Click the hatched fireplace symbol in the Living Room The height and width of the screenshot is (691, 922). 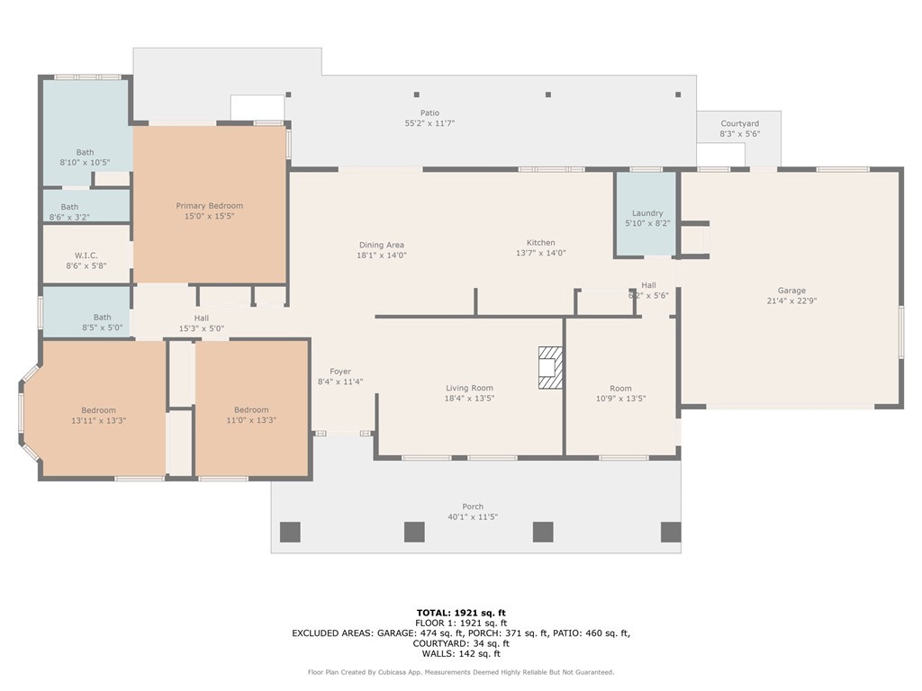(x=550, y=367)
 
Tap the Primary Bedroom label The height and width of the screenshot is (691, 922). (x=209, y=206)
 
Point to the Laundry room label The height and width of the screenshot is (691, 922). (x=647, y=213)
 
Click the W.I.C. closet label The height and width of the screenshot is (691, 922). (x=86, y=255)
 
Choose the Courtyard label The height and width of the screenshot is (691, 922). (x=739, y=123)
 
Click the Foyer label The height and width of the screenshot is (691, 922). (x=340, y=372)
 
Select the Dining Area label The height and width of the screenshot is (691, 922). (x=382, y=245)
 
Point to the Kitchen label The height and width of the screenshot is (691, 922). (x=541, y=243)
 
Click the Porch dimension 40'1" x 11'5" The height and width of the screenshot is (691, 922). (x=473, y=517)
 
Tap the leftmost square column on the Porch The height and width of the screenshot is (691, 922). (x=290, y=532)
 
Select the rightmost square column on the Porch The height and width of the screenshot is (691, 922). (x=671, y=532)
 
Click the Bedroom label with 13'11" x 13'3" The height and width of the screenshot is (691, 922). (x=99, y=410)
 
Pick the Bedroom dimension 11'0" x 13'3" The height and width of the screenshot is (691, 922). (x=251, y=420)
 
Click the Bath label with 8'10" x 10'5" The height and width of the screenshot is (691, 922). (x=85, y=152)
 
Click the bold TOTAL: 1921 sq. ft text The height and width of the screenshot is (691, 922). (x=461, y=613)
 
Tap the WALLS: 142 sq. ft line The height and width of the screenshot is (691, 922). (x=461, y=654)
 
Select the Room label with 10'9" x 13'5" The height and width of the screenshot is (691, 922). (x=620, y=388)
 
